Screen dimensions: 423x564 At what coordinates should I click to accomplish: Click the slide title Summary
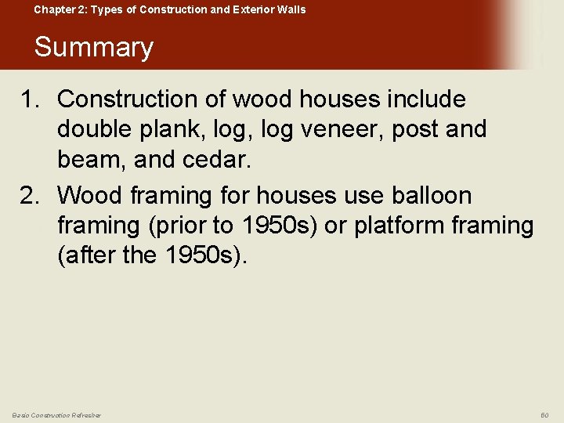point(93,47)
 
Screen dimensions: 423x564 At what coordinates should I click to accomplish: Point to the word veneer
point(327,129)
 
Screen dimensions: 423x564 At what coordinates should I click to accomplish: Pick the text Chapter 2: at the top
point(59,10)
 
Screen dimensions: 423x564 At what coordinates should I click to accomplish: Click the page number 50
point(545,414)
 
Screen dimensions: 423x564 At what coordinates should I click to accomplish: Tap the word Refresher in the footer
point(83,414)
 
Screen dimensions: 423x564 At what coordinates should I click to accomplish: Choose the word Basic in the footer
point(21,414)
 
